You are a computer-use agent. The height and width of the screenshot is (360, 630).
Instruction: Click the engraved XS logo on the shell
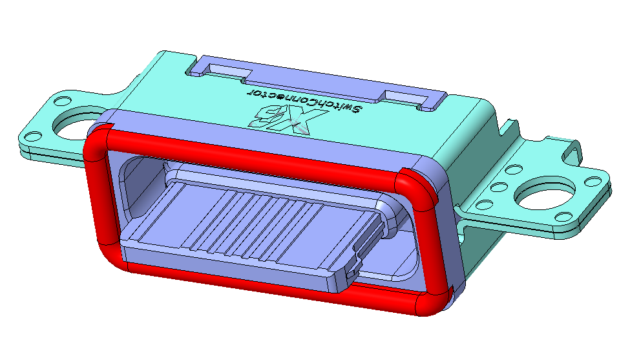[288, 119]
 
